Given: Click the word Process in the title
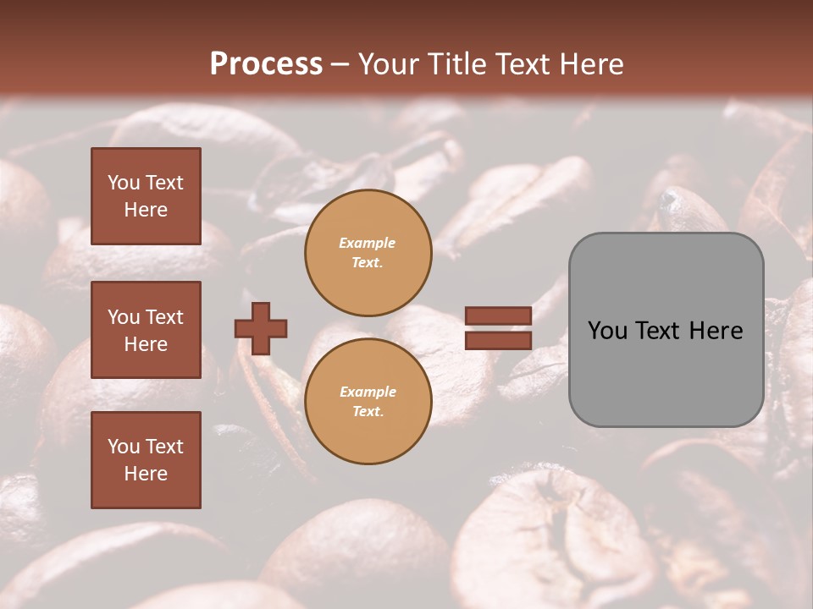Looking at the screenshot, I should coord(266,64).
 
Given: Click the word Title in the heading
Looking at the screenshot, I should coord(454,64).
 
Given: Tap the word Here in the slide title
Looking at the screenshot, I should coord(591,64).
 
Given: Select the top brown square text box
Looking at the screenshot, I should coord(146,196).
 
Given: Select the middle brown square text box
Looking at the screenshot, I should coord(146,330).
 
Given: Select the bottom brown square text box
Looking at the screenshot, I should coord(146,460).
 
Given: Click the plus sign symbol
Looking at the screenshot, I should coord(261,328).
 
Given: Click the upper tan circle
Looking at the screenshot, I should coord(368,253).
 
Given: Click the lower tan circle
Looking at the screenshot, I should coord(368,402).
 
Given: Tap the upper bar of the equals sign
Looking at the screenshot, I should coord(498,316).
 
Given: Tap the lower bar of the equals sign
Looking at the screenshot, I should coord(498,340).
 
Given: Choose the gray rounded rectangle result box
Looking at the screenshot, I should coord(666,330).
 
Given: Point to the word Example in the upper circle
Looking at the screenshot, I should coord(367,244).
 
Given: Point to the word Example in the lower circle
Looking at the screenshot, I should coord(368,392).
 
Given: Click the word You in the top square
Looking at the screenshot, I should coord(123,183).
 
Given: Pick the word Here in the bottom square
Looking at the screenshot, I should coord(146,474).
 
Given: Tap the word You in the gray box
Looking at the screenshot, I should coord(607,331).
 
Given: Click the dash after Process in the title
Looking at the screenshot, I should coord(340,64).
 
